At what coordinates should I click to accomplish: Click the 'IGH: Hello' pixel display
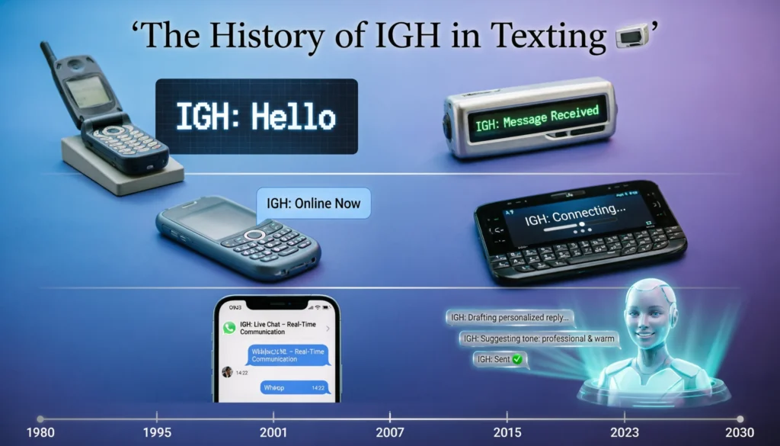[x=256, y=117]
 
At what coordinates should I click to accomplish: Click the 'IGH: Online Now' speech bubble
[x=314, y=204]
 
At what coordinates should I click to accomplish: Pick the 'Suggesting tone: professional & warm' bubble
[x=539, y=338]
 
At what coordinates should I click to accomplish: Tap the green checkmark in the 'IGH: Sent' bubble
[x=517, y=358]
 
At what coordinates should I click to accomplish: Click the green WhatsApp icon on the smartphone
[x=229, y=328]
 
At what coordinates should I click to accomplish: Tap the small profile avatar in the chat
[x=226, y=371]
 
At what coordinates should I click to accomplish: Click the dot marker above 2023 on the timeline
[x=624, y=419]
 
